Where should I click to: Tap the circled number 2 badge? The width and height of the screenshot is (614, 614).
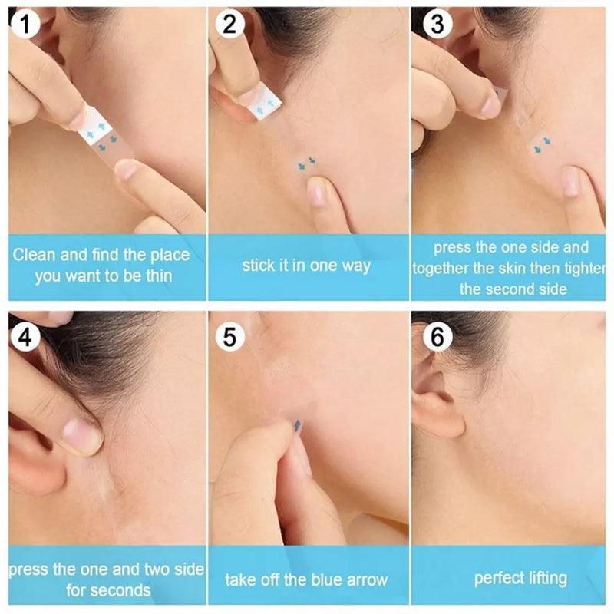(x=229, y=25)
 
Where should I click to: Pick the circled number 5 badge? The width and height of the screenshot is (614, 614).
(x=229, y=336)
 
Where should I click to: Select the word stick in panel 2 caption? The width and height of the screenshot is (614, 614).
(x=259, y=266)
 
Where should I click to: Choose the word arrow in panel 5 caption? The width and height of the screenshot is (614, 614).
(x=366, y=579)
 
